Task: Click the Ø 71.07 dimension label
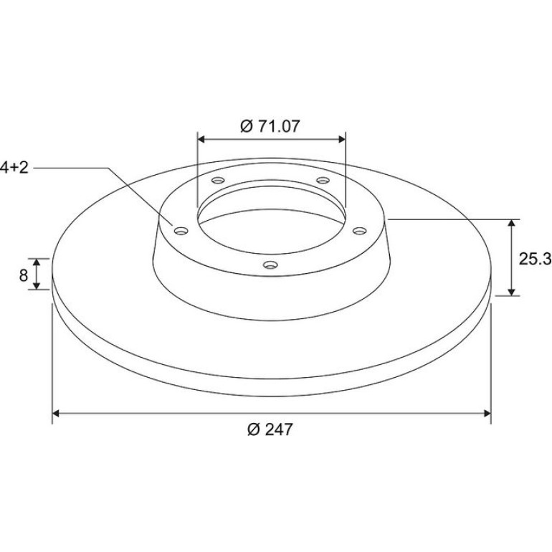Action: pos(270,126)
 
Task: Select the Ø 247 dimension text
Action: pos(270,429)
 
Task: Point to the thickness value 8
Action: pos(23,275)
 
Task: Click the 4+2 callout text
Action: pos(14,167)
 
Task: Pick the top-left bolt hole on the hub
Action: pos(218,181)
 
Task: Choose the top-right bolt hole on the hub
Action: pos(323,181)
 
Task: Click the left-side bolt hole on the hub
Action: pos(181,231)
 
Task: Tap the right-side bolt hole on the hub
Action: pos(360,231)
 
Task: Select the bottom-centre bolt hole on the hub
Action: pos(271,265)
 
